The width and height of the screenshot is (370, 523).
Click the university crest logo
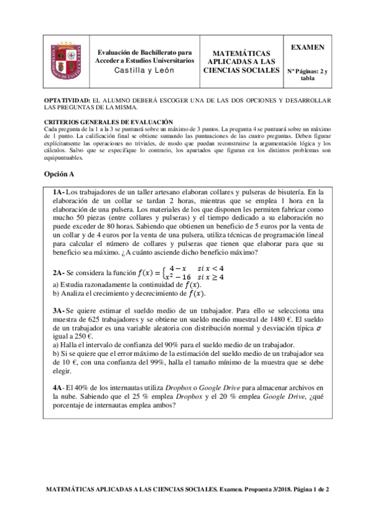click(66, 62)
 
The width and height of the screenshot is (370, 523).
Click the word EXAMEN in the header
click(306, 47)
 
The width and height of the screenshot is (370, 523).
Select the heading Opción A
click(59, 175)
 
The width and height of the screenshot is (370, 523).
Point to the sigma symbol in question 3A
click(319, 330)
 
